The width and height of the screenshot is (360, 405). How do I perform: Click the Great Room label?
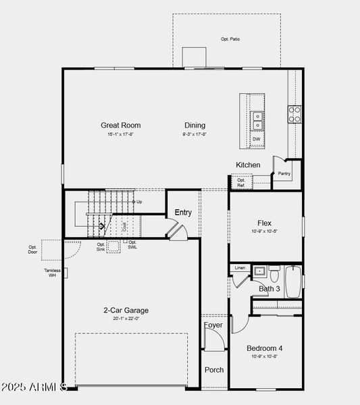tap(121, 125)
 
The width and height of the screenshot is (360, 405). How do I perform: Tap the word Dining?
tap(195, 125)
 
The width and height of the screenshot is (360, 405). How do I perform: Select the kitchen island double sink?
tap(257, 120)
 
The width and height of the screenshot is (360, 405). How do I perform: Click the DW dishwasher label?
tap(257, 140)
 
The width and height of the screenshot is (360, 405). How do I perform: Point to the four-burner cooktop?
tap(294, 114)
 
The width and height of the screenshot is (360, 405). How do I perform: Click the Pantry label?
tap(284, 173)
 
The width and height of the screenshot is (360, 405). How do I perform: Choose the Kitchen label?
tap(248, 165)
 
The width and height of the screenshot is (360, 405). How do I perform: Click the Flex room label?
tap(264, 223)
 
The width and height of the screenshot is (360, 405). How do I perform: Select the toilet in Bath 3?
tap(274, 274)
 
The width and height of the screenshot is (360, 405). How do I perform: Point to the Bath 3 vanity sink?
tap(259, 271)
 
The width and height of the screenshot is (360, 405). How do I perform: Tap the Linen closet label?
tap(240, 268)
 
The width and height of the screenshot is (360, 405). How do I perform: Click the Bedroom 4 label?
tap(265, 348)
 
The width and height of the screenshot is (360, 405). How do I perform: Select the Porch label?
tap(214, 369)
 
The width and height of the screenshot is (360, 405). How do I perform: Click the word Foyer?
tap(213, 325)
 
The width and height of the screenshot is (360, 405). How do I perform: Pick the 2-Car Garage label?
tap(126, 310)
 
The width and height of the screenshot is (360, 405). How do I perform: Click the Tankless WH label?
tap(53, 273)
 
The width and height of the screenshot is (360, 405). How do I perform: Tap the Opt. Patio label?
tap(230, 39)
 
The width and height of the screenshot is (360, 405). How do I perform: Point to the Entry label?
tap(183, 213)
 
